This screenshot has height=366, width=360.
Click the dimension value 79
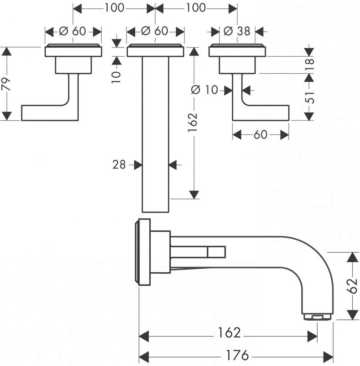tap(6, 84)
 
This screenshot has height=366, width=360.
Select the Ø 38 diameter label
tap(237, 31)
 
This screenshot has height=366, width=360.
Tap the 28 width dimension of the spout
tap(119, 165)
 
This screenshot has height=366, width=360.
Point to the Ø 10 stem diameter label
tap(205, 90)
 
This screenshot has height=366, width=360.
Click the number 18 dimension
tap(310, 64)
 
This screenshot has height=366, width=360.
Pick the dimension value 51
tap(310, 97)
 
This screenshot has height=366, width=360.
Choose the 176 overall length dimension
tap(237, 355)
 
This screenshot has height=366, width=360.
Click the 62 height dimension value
tap(352, 286)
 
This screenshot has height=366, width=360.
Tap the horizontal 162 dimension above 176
tap(229, 332)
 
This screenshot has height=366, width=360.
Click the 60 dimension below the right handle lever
tap(260, 135)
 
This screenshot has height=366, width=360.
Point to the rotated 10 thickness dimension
tap(116, 77)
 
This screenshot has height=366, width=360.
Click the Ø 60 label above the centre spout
tap(155, 31)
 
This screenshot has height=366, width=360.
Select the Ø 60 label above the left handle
tap(72, 31)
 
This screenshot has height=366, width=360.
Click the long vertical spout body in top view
tap(155, 134)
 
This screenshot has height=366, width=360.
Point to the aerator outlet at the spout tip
tap(318, 317)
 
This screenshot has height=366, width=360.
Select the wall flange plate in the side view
tap(143, 252)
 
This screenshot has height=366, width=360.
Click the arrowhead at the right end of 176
tap(328, 355)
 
